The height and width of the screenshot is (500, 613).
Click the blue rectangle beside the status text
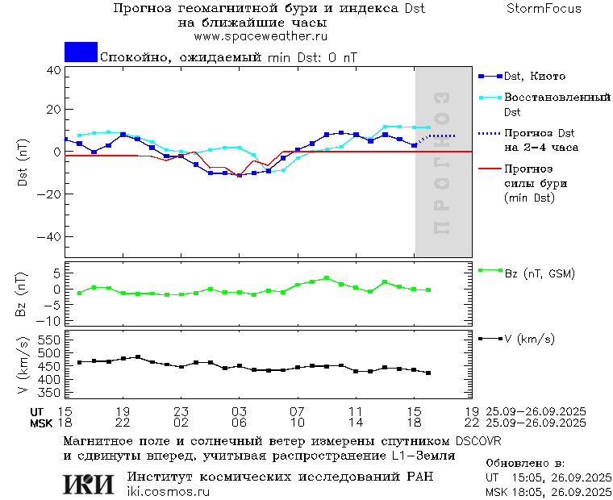coord(81,52)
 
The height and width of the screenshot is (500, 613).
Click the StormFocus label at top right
coord(544,9)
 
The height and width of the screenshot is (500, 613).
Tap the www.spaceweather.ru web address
coord(260,36)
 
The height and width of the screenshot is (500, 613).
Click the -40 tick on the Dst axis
coord(51,238)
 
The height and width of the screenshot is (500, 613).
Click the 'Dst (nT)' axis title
coord(23,165)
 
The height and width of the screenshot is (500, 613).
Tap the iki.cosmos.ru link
coord(168,492)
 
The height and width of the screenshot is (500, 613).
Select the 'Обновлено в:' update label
coord(524,464)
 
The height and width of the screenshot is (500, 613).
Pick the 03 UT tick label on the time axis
coord(240,411)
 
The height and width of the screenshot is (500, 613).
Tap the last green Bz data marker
coord(428,290)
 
